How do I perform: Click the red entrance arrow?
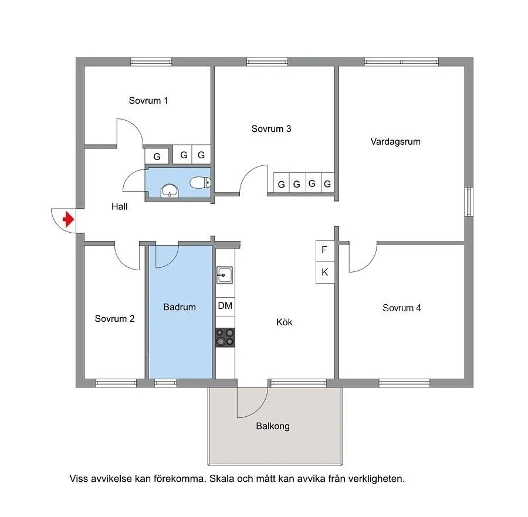pos(69,219)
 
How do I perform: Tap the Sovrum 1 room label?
pos(148,101)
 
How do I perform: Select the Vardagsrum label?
pos(395,142)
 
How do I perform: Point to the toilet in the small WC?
pos(201,183)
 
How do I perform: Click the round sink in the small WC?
pos(170,191)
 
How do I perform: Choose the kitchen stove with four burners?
pos(225,338)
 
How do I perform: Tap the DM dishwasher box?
pos(225,306)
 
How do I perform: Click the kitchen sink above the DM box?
pos(225,275)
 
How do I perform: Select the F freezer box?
pos(325,251)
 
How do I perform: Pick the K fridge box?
pos(325,273)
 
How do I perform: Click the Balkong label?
pos(273,426)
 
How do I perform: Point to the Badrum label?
pos(180,307)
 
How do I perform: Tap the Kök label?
pos(284,322)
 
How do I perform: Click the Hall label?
pos(120,206)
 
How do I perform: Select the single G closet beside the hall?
pos(157,157)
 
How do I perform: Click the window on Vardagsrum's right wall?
pos(469,202)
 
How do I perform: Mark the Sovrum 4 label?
pos(402,308)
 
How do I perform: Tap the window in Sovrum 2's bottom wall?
pos(116,383)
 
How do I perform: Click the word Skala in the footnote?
pos(222,479)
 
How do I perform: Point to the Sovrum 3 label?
pos(271,129)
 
